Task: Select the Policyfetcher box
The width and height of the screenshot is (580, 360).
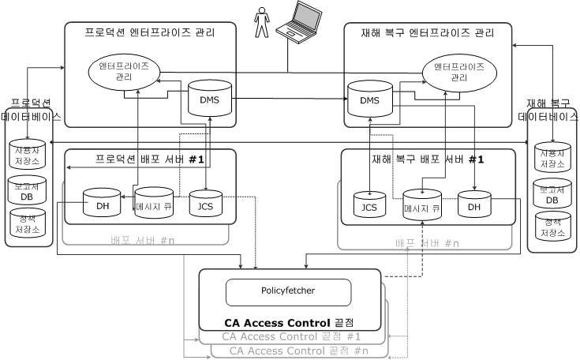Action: point(288,291)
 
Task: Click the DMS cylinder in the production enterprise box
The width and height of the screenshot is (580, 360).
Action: point(208,99)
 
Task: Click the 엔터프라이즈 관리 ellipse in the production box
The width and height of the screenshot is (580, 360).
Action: point(124,70)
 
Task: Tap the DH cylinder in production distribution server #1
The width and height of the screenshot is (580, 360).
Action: point(103,204)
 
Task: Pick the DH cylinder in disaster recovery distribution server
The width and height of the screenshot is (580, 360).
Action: point(473,204)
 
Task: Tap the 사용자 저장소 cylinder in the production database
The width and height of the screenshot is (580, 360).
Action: point(27,156)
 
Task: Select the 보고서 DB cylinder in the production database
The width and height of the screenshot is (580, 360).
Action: point(27,190)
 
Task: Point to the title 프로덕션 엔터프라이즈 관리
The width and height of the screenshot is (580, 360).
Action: point(150,33)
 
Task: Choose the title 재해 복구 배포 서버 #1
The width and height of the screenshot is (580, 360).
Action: point(427,159)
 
